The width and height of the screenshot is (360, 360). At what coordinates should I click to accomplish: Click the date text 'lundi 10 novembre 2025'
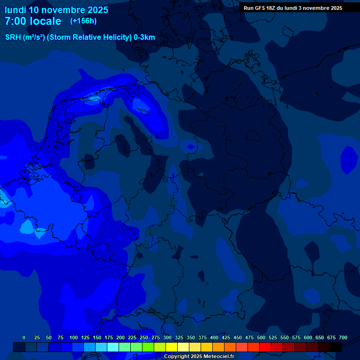pos(56,10)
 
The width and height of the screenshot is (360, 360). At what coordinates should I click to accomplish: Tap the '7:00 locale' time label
pos(33,22)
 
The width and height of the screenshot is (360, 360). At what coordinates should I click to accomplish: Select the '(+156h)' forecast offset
pos(83,21)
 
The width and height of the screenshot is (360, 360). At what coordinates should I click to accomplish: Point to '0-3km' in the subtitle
pos(144,37)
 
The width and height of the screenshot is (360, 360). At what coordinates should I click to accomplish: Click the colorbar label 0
pos(24,337)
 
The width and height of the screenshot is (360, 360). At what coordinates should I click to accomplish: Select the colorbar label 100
pos(74,337)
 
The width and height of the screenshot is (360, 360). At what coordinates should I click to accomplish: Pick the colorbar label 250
pos(144,337)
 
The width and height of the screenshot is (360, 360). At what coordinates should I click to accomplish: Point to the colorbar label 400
pos(214,337)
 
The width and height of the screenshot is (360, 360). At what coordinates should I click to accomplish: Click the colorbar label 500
pos(261,337)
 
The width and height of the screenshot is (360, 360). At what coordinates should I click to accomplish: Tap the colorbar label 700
pos(343,337)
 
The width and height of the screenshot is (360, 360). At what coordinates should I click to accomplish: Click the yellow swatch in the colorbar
pos(172,347)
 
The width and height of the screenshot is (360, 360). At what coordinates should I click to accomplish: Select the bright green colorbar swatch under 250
pos(148,347)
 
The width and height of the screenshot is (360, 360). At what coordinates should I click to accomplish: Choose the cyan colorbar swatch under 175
pos(113,347)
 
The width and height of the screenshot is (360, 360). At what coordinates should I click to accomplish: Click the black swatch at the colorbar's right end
pos(336,347)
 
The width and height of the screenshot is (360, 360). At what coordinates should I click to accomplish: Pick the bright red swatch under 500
pos(265,347)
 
